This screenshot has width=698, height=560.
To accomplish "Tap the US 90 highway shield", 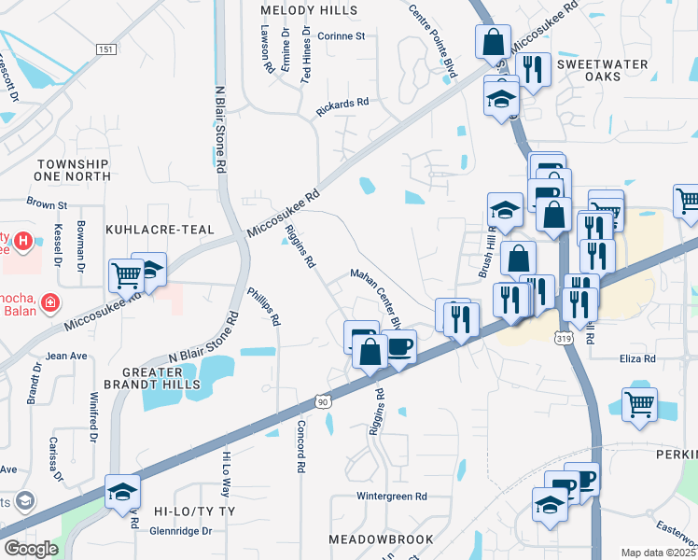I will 323,400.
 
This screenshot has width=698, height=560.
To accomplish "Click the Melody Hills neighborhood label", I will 309,9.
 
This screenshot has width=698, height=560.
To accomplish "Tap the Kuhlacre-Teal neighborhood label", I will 161,229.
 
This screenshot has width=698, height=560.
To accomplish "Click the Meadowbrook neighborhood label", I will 381,539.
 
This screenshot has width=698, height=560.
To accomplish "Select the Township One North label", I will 71,169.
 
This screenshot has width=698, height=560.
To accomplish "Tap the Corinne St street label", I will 341,36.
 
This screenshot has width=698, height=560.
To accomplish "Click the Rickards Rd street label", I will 342,106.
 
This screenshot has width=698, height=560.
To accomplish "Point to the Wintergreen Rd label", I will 391,497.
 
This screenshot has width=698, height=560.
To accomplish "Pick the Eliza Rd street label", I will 637,357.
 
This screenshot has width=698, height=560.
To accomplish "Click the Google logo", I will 31,548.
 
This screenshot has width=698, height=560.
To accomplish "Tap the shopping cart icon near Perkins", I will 639,405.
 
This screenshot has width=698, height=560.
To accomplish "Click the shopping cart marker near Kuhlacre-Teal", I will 126,274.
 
